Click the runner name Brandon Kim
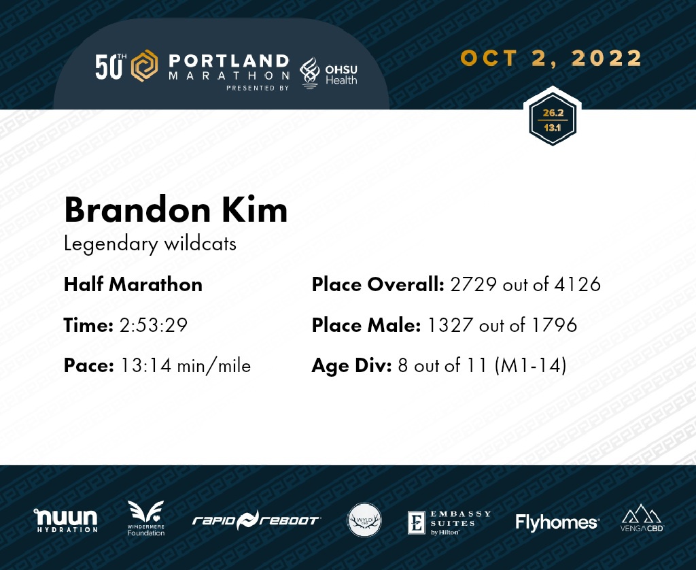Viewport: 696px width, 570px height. (176, 209)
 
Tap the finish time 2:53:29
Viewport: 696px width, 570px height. (154, 325)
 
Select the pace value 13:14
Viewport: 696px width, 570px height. (146, 366)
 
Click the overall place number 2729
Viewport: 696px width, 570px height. (473, 284)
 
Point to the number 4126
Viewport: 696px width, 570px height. (578, 284)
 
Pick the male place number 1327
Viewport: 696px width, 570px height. (450, 325)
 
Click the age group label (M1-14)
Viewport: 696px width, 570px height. (530, 366)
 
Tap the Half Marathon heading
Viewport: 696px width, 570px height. (133, 284)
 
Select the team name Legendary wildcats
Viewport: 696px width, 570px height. (150, 244)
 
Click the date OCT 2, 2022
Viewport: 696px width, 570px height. (551, 58)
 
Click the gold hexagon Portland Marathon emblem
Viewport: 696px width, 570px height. (144, 66)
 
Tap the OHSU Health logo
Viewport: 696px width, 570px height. (328, 73)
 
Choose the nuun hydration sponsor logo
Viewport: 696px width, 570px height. (66, 520)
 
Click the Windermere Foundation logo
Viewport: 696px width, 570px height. (145, 518)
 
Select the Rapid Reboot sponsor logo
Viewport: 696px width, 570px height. (256, 520)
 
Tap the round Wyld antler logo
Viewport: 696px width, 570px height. (364, 520)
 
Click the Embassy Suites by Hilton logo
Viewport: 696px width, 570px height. (449, 522)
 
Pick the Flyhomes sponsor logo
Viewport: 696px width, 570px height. (557, 522)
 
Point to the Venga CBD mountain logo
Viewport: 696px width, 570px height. (642, 518)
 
